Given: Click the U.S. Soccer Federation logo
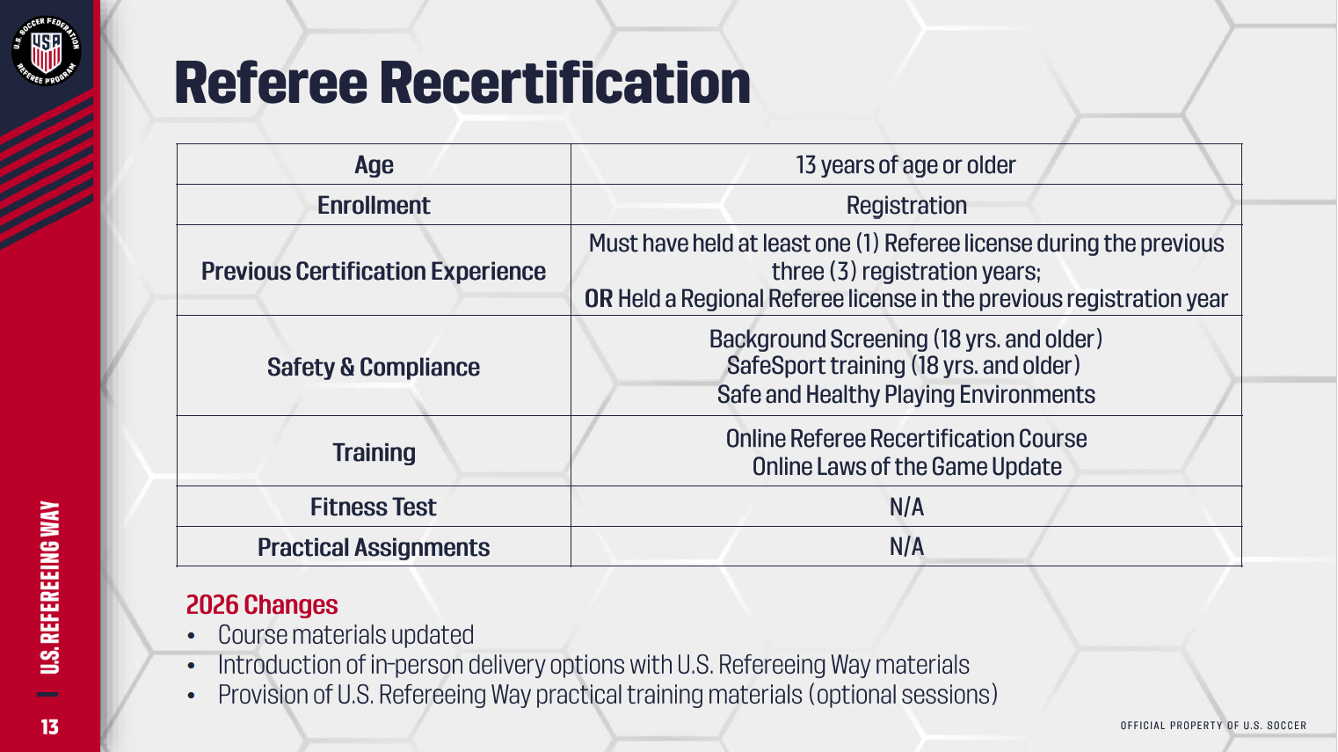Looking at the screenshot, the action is [47, 50].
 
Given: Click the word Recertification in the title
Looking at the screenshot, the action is [564, 83].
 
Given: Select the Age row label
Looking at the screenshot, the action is [374, 165].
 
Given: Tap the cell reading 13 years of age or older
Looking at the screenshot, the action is [905, 165].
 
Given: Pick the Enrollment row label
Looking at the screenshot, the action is [374, 205].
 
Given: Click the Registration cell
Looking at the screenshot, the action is [906, 206].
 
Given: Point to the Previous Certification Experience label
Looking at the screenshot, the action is [374, 271].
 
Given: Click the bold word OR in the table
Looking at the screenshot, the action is [599, 299].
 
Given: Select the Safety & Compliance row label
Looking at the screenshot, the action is [374, 367].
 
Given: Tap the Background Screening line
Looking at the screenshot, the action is [905, 339].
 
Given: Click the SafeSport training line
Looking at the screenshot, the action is [903, 365].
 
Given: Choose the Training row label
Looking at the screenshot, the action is [374, 452].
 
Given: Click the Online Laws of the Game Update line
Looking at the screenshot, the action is [906, 466].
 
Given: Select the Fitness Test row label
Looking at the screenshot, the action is [374, 507].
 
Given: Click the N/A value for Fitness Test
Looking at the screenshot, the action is [906, 507].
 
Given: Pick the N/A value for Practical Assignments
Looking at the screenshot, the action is [906, 546].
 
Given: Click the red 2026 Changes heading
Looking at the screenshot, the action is [262, 604].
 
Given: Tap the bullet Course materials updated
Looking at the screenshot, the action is [345, 635].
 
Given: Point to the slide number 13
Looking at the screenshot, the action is [49, 726].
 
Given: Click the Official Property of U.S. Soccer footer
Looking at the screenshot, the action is [1213, 725].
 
